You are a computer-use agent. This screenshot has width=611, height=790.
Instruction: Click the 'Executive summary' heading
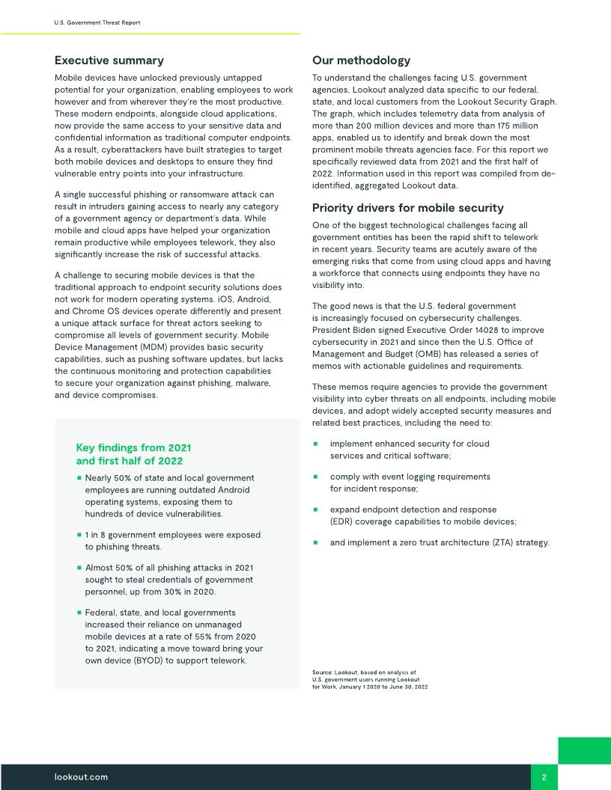[109, 61]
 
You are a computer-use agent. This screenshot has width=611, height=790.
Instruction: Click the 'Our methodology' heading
[361, 61]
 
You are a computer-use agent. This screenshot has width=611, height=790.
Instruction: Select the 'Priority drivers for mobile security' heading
[407, 208]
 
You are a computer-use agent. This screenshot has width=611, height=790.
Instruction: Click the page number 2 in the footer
[544, 777]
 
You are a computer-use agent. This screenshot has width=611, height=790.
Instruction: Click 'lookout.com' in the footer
[82, 777]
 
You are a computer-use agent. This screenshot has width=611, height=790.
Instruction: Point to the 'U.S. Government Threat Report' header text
[97, 22]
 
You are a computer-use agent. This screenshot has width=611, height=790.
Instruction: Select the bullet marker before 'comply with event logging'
[315, 477]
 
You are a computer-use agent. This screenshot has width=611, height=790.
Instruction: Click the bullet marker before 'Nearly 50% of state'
[79, 478]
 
